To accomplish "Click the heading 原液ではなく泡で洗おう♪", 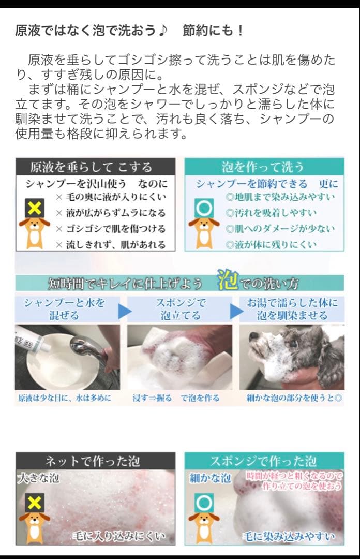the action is (x=91, y=31).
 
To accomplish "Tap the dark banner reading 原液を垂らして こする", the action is (x=96, y=167).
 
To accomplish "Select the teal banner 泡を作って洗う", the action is (x=264, y=167).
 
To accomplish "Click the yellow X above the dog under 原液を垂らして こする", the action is (x=34, y=208).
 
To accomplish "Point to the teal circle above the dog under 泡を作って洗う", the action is (x=204, y=208).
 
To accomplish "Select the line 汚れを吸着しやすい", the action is (x=271, y=213).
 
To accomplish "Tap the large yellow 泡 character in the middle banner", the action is (x=228, y=279).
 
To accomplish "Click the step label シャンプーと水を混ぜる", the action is (x=65, y=308).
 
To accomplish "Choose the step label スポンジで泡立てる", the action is (x=181, y=308).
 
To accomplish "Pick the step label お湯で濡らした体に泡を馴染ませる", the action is (x=292, y=308).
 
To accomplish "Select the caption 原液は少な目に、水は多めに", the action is (x=65, y=398).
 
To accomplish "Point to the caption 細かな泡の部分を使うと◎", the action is (x=294, y=398).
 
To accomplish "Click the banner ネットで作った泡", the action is (x=96, y=461).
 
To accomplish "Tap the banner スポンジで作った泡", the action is (x=264, y=461).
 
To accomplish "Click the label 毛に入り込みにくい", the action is (x=119, y=536).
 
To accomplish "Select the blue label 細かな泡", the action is (x=211, y=478).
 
